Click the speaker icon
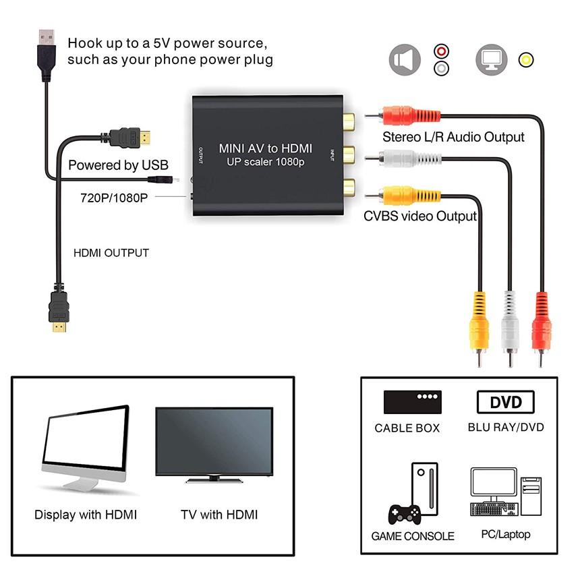tap(405, 61)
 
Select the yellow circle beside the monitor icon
tap(526, 60)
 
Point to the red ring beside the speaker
tap(441, 52)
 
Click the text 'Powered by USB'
tap(118, 165)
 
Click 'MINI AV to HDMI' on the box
tap(264, 147)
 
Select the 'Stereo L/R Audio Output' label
tap(453, 137)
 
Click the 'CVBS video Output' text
tap(420, 216)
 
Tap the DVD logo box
tap(506, 403)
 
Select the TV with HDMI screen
tap(214, 442)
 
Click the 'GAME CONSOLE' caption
tap(413, 537)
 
